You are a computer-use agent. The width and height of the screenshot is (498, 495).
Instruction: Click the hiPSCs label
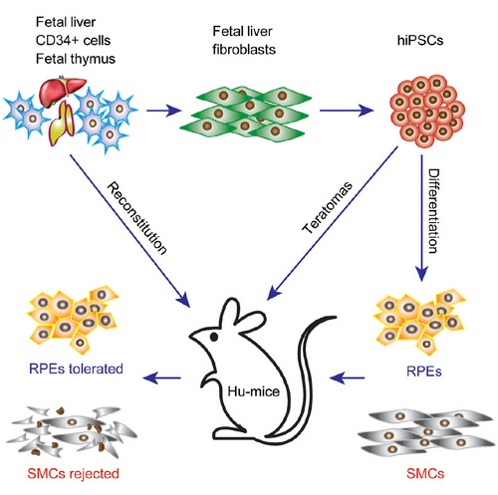point(420,40)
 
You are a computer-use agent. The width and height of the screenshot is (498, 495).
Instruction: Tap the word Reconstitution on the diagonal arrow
point(136,218)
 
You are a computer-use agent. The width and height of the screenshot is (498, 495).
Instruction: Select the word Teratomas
point(328,207)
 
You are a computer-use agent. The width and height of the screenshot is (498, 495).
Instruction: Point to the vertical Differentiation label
point(433,211)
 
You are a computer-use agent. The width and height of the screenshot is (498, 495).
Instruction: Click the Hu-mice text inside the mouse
point(253,391)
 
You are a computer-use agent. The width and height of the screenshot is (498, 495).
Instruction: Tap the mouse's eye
point(214,337)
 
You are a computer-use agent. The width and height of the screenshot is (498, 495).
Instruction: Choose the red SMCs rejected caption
point(73,473)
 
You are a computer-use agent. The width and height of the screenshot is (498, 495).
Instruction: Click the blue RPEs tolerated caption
point(76,369)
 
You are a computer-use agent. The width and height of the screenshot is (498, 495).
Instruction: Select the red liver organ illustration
point(63,89)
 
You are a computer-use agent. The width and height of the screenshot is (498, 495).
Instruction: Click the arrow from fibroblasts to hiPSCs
point(347,111)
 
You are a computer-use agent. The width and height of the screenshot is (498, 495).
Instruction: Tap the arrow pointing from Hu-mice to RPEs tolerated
point(161,377)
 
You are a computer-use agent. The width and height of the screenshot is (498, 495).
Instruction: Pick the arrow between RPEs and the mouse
point(347,377)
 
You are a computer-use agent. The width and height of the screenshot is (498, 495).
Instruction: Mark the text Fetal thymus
point(76,59)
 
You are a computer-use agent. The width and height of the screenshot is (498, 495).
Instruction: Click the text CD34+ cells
point(73,40)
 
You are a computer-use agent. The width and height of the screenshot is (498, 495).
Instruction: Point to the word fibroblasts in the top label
point(244,50)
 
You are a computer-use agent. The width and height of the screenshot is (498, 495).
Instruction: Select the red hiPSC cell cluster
point(427,112)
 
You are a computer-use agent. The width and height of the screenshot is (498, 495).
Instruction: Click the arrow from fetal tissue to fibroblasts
point(163,111)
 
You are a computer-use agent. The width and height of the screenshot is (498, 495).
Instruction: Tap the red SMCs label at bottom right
point(425,473)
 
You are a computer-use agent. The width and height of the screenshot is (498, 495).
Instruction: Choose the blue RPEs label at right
point(424,371)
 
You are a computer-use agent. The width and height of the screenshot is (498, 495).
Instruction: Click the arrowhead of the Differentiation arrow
point(422,274)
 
